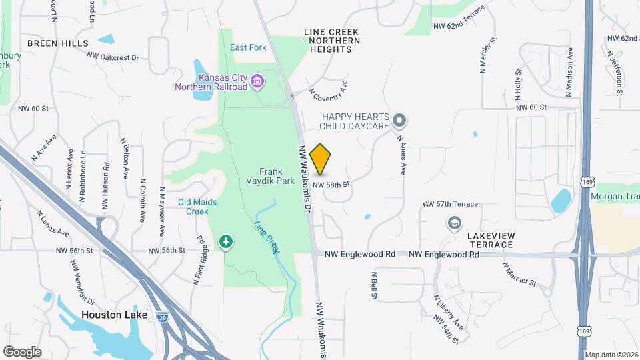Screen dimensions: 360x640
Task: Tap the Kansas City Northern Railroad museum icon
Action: point(257,83)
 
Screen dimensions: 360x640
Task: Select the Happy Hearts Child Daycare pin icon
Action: point(399,121)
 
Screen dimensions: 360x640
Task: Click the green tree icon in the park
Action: point(227,241)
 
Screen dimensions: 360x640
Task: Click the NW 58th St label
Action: point(331,184)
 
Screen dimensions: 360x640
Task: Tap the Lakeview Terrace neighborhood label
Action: point(490,240)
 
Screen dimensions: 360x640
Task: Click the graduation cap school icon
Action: point(455,223)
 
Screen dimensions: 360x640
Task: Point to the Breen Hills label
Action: point(58,43)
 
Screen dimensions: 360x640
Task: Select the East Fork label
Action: point(248,47)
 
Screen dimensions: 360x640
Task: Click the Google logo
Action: point(22,351)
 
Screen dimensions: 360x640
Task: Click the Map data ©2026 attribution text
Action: point(611,355)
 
